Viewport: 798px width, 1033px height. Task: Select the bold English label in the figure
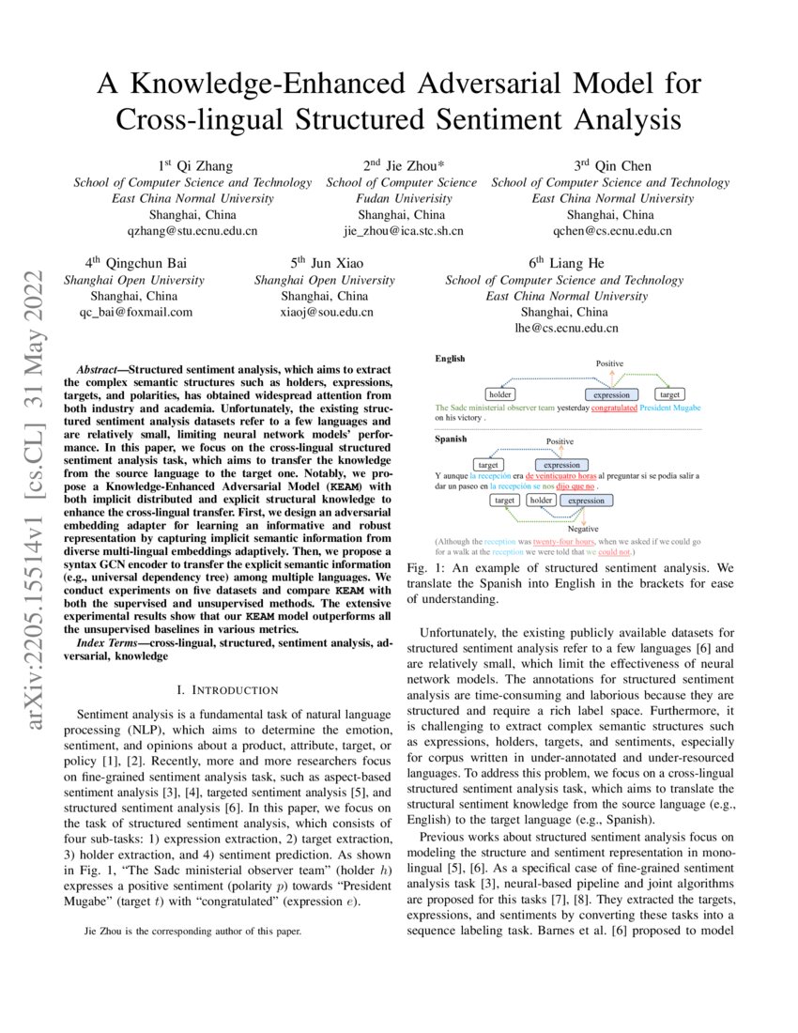(450, 359)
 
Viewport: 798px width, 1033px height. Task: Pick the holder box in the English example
(500, 394)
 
